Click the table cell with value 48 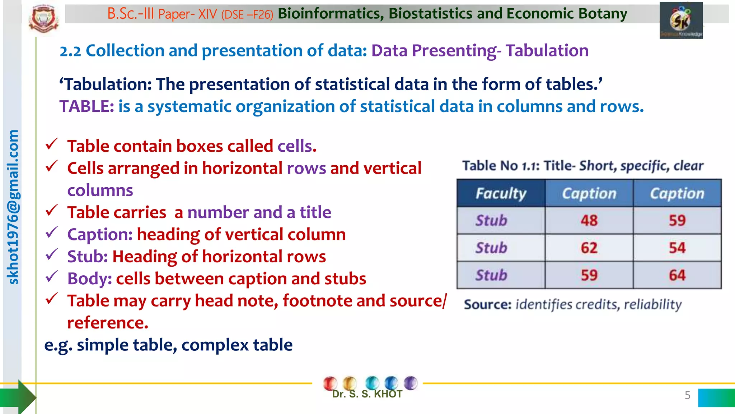pos(589,220)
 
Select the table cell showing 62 pos(589,248)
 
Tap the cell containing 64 pos(677,275)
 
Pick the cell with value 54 pos(677,248)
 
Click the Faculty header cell pos(501,193)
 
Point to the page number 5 pos(687,395)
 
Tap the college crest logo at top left pos(44,19)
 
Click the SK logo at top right pos(681,20)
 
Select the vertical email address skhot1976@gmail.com pos(13,207)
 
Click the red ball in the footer pos(330,383)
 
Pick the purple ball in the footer pos(410,383)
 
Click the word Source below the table pos(487,305)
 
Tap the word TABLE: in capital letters pos(86,107)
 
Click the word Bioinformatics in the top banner pos(330,14)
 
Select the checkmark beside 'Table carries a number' pos(52,210)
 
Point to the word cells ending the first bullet pos(297,146)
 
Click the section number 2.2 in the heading pos(70,51)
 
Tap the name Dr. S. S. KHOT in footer pos(367,394)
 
